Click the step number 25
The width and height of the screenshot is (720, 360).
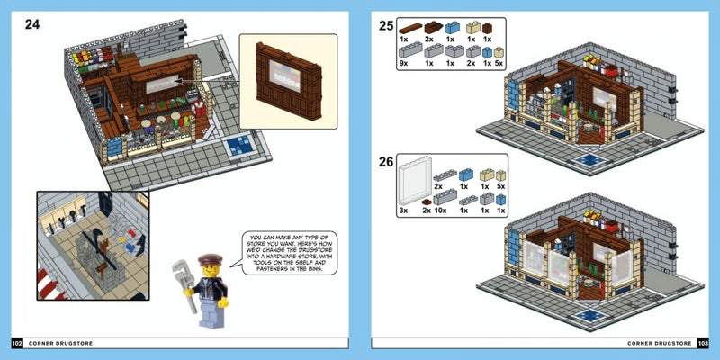(386, 27)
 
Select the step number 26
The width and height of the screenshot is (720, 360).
(386, 163)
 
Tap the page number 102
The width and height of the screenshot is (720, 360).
(17, 343)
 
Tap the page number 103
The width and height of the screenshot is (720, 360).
(703, 343)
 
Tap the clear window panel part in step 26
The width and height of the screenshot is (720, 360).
(411, 185)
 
